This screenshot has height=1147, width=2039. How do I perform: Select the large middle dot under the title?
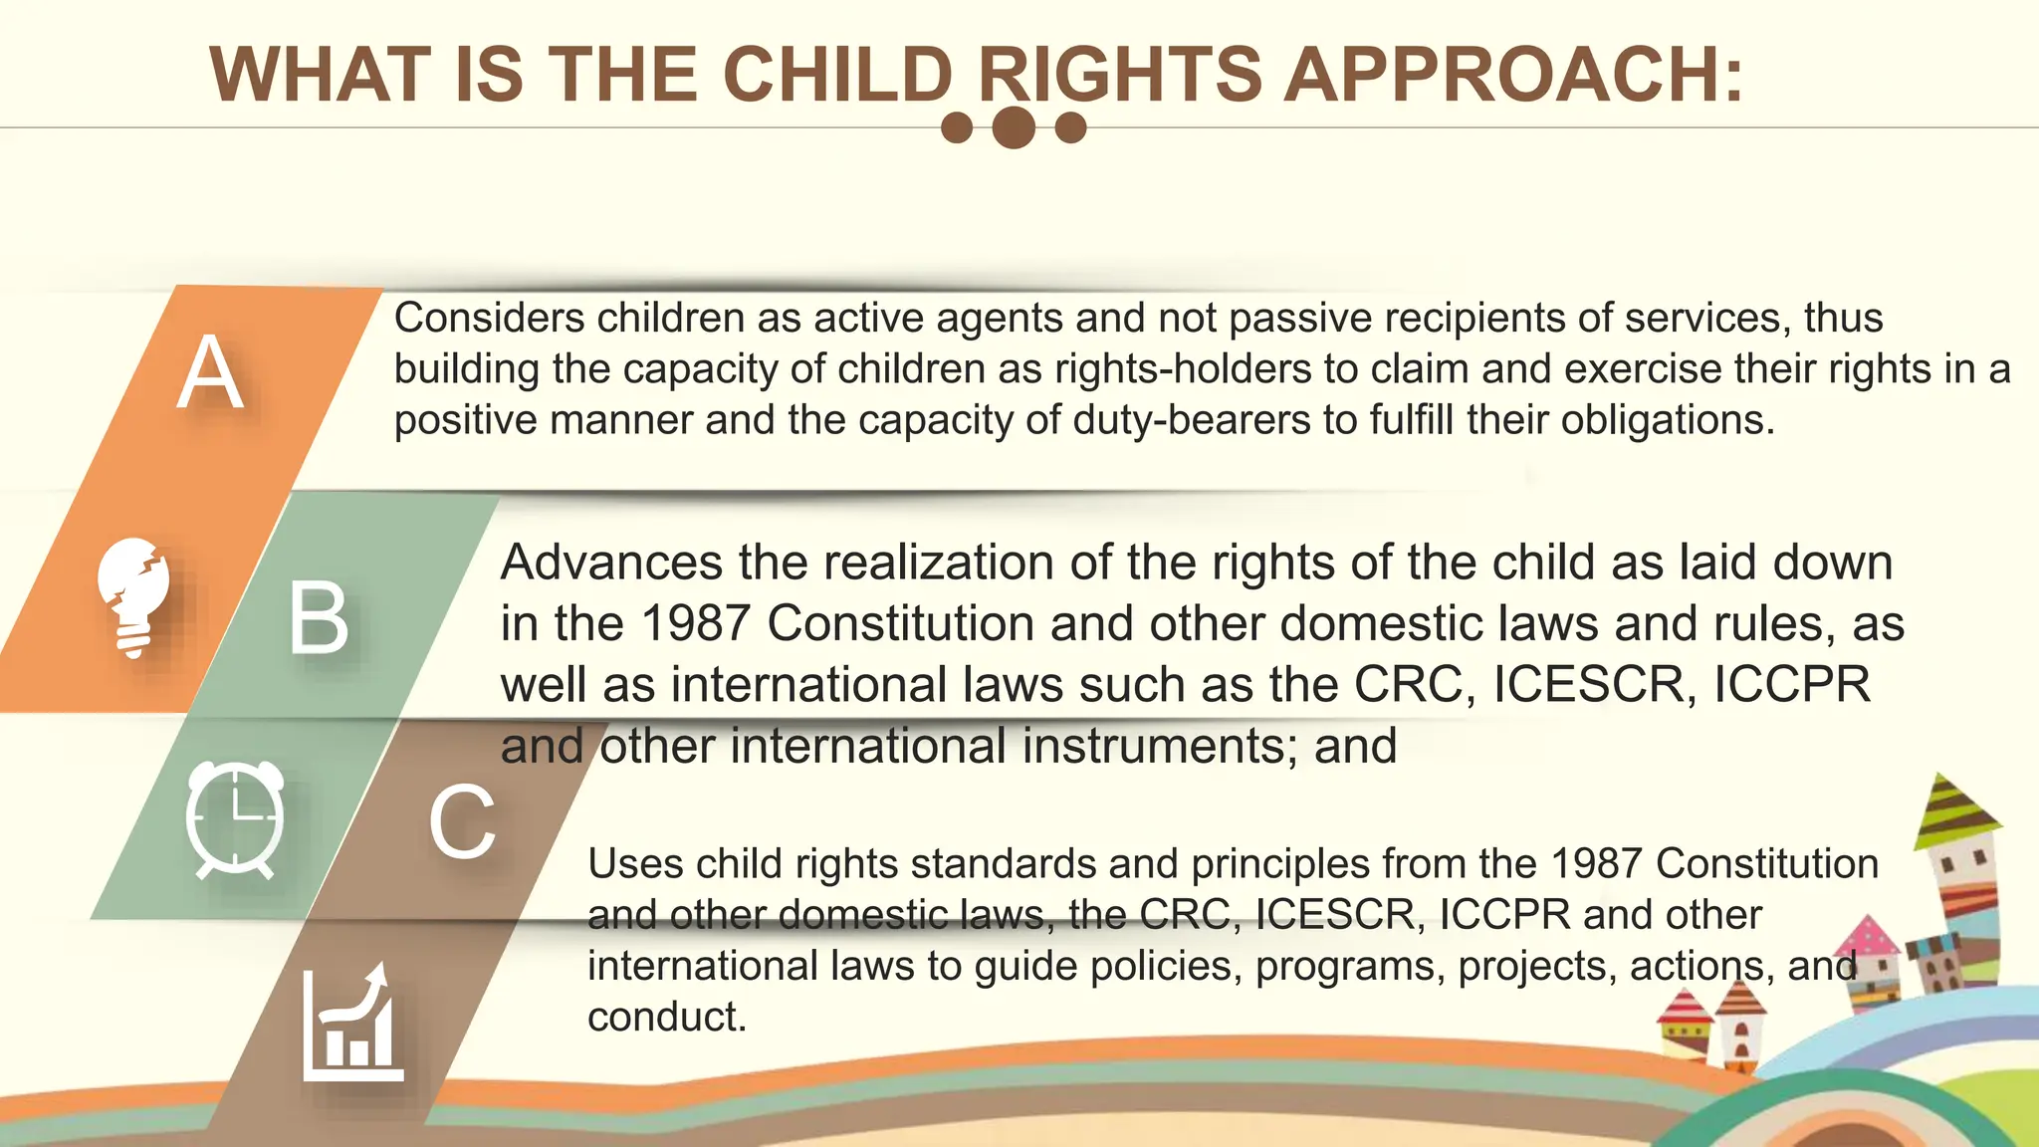[1014, 127]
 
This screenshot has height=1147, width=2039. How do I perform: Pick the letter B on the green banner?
[319, 618]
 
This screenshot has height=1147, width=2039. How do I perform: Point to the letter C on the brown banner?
[462, 822]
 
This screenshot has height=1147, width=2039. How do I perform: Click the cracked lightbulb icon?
[133, 597]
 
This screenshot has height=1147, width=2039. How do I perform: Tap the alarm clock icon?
[235, 818]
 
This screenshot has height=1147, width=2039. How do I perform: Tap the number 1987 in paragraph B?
[695, 624]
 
